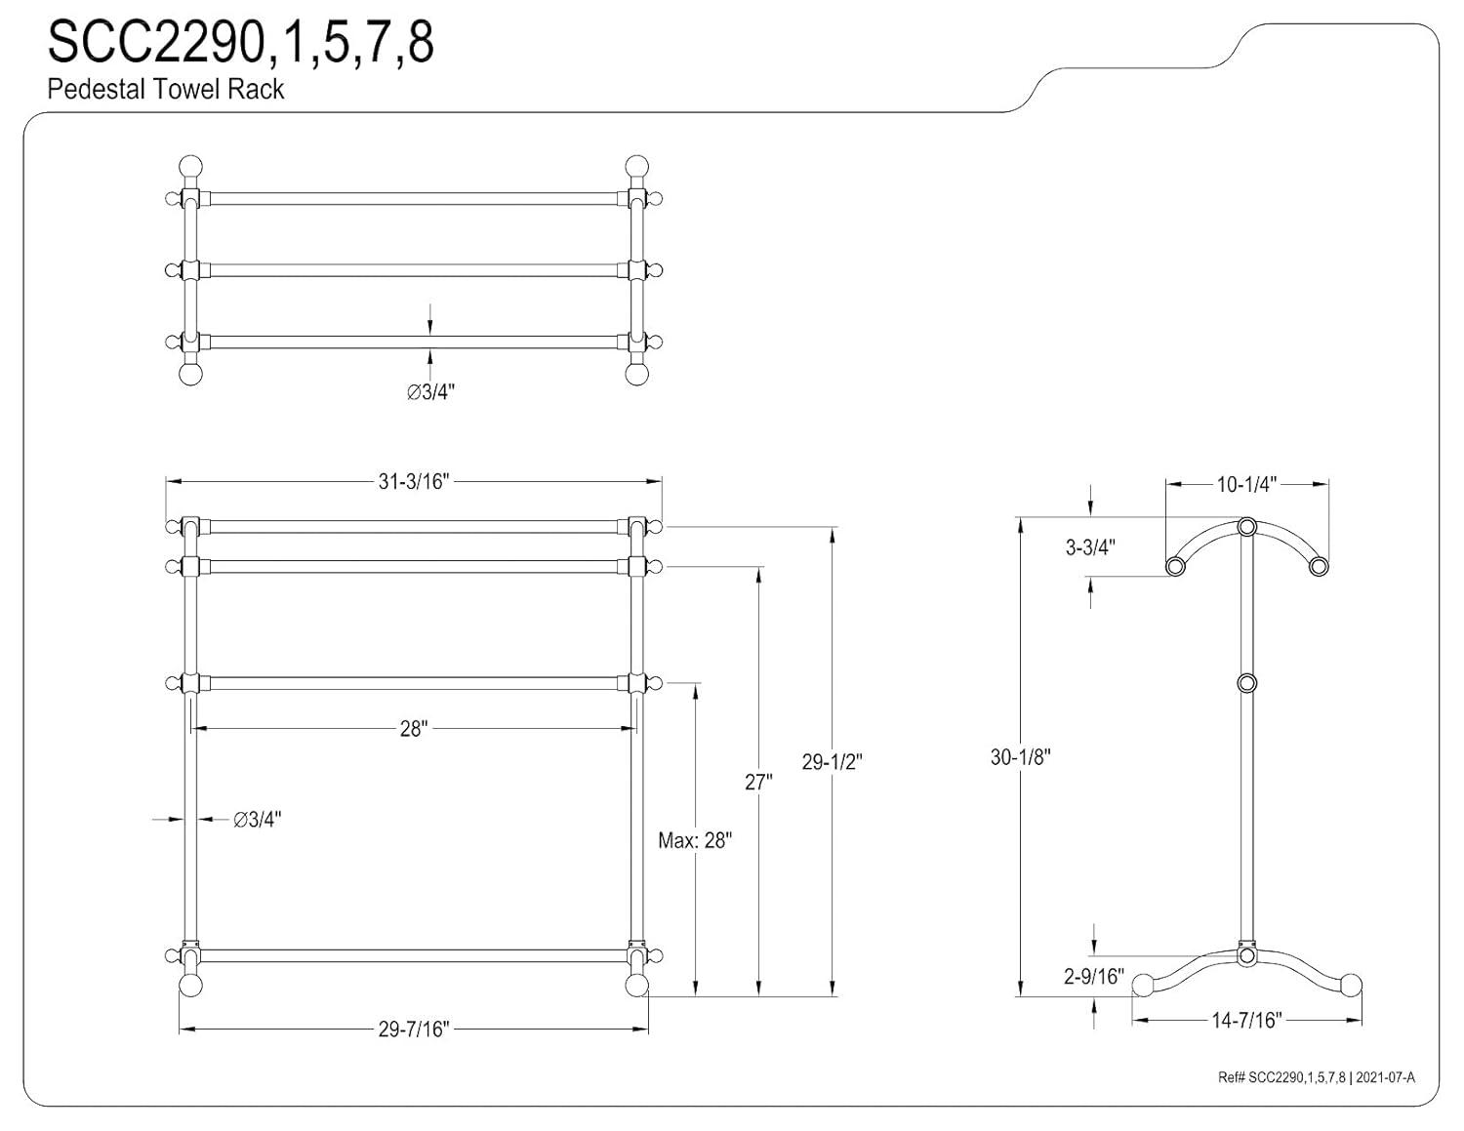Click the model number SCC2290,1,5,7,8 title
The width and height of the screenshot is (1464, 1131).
[x=241, y=42]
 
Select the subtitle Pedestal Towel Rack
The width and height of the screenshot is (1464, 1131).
[x=166, y=89]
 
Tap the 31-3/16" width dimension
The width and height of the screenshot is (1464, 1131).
[x=413, y=481]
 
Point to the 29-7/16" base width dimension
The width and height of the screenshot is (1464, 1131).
[x=413, y=1030]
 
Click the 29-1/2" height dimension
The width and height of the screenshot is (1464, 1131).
[x=833, y=762]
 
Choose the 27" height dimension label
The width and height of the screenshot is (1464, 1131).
[x=758, y=782]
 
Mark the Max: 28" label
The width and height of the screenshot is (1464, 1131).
[x=695, y=840]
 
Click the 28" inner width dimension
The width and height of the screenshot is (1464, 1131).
[x=413, y=729]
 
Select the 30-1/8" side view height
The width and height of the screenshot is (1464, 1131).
[x=1020, y=756]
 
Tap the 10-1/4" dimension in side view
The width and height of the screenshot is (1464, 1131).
[x=1246, y=484]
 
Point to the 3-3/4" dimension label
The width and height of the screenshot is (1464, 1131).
[x=1090, y=547]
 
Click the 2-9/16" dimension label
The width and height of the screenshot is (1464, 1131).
[x=1094, y=976]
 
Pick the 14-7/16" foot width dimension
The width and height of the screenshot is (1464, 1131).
[x=1246, y=1021]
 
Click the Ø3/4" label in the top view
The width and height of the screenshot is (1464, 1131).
[x=431, y=392]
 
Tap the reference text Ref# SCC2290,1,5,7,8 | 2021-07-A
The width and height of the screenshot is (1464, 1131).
[x=1316, y=1077]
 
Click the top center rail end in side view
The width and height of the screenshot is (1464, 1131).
[x=1246, y=528]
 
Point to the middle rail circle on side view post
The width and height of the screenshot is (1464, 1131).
[x=1246, y=683]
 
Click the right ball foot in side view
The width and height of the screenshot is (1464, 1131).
[x=1352, y=985]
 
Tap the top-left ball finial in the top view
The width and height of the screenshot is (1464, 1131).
[x=190, y=166]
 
